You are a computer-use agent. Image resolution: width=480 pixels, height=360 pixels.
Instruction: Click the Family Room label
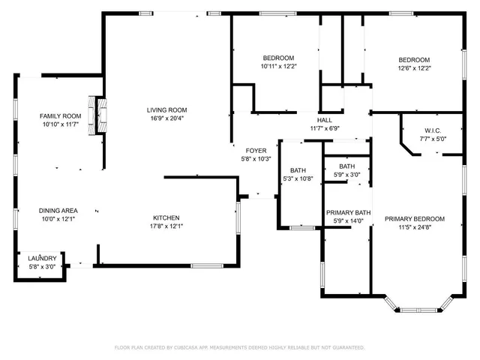[x=60, y=115]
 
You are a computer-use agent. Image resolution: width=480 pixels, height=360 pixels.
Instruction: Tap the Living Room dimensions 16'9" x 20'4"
[x=166, y=118]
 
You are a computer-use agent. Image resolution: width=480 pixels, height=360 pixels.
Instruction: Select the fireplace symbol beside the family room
[x=95, y=115]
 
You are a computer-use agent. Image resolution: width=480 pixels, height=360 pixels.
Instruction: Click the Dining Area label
[x=58, y=211]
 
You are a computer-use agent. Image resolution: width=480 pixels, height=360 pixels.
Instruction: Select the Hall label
[x=325, y=120]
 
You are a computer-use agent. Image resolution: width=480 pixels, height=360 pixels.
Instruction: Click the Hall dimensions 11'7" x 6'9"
[x=325, y=128]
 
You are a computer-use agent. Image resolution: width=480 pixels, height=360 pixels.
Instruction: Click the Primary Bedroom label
[x=414, y=219]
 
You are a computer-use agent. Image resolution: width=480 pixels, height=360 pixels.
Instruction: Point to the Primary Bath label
[x=348, y=212]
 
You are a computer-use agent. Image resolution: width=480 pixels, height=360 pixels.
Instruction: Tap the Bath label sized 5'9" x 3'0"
[x=346, y=166]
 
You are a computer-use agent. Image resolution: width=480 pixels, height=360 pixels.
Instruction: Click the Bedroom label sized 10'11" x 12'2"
[x=277, y=58]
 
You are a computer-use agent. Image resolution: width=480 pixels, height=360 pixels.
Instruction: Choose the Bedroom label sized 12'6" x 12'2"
[x=413, y=60]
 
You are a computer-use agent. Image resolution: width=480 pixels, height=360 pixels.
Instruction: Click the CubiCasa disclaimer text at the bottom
[x=239, y=348]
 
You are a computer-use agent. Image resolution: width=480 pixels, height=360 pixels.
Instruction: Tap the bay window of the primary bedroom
[x=418, y=306]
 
